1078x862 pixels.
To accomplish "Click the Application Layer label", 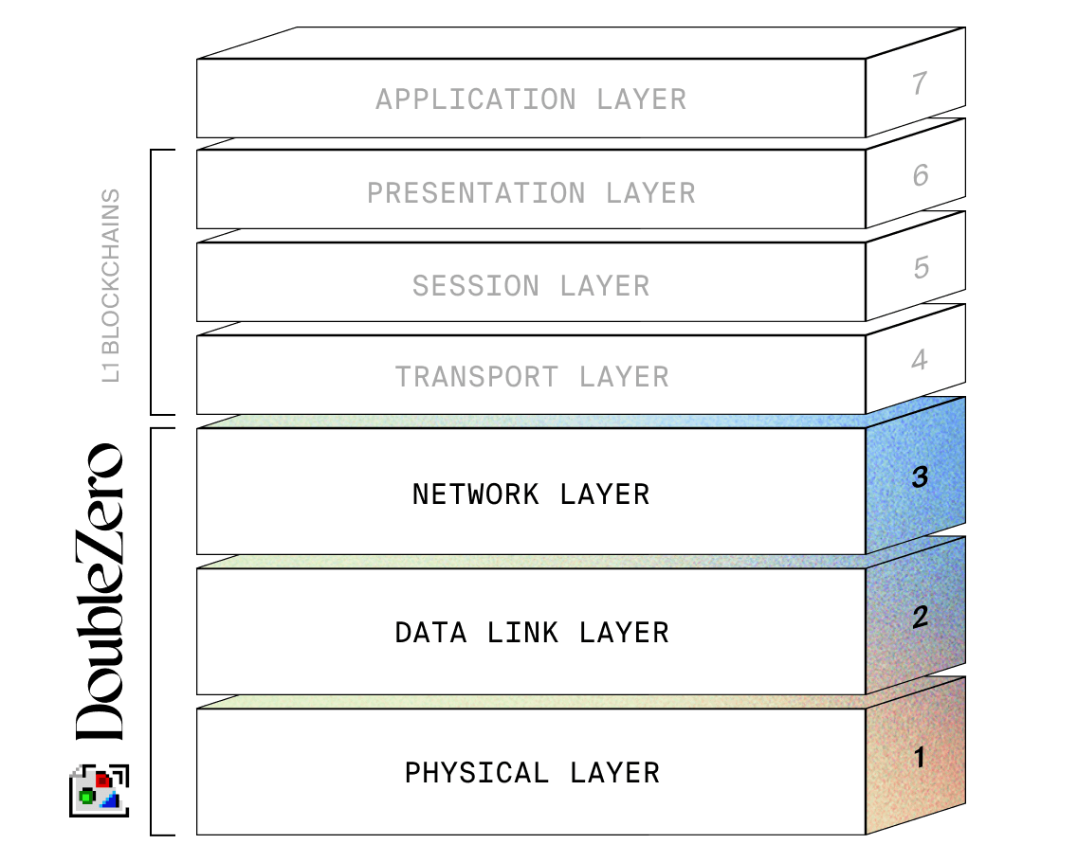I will tap(531, 99).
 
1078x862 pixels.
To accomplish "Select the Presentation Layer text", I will tap(531, 193).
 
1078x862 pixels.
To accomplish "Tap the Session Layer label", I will tap(531, 286).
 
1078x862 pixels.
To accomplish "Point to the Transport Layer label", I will tap(531, 377).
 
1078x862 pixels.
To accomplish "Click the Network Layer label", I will tap(531, 494).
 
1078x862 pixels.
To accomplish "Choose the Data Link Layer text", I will tap(531, 633).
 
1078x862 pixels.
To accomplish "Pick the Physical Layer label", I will tap(531, 773).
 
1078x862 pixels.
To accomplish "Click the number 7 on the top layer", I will tap(919, 84).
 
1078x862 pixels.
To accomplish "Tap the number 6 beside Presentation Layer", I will tap(920, 175).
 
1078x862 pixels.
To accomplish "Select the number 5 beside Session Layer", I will tap(921, 268).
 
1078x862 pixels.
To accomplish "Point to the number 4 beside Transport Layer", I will tap(919, 360).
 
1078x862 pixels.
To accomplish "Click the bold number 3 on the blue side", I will tap(919, 478).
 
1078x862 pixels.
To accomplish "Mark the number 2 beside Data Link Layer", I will tap(919, 618).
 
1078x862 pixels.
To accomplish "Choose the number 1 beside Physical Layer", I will tap(918, 757).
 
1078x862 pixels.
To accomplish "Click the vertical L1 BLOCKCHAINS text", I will tap(112, 285).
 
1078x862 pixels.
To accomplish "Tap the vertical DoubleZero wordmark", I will tap(100, 592).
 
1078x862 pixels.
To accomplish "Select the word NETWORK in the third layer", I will tap(476, 494).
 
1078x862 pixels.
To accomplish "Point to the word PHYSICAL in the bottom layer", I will tap(477, 773).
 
